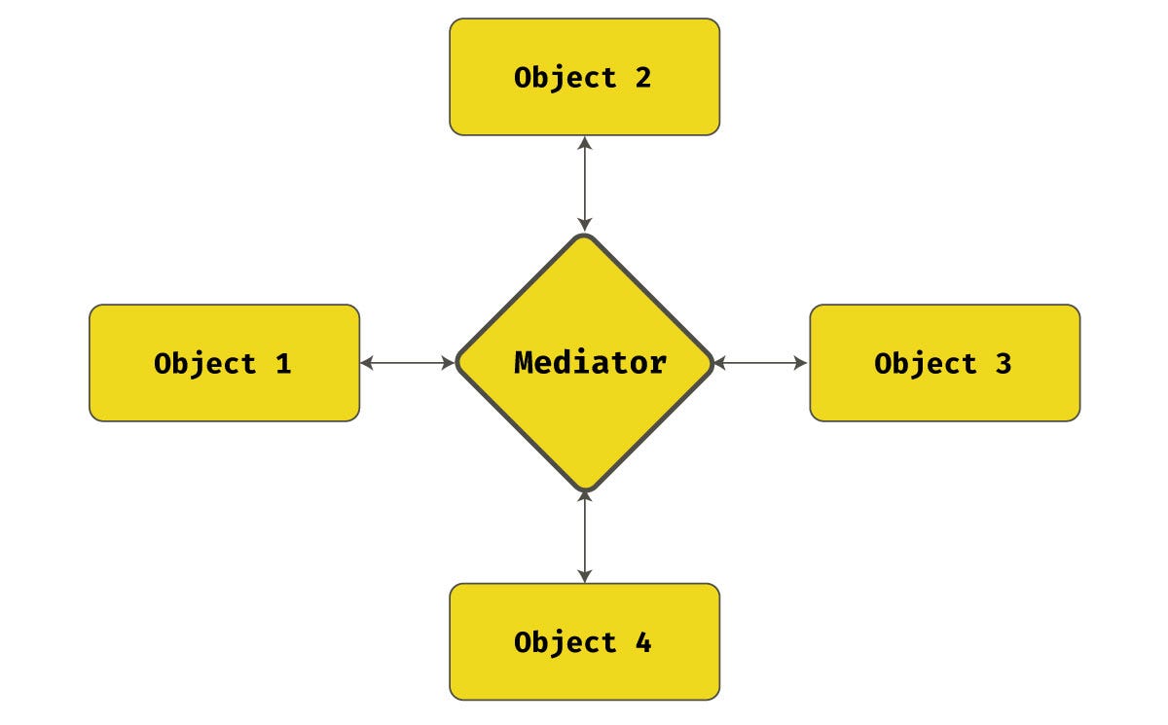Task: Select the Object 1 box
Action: point(224,363)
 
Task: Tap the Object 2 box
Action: point(584,77)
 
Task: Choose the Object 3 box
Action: point(944,363)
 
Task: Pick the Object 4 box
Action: point(584,641)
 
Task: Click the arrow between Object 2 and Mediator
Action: point(584,184)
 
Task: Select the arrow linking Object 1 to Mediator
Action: point(408,363)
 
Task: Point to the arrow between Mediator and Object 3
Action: point(760,363)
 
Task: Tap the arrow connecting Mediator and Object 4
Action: point(584,536)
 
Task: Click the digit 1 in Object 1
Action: point(282,364)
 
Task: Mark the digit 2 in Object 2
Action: point(642,78)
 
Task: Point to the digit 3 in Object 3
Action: point(1003,364)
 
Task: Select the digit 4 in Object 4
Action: point(642,642)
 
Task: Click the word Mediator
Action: point(590,363)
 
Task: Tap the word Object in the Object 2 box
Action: point(565,78)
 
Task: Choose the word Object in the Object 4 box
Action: point(565,642)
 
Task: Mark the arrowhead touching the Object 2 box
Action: point(584,142)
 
